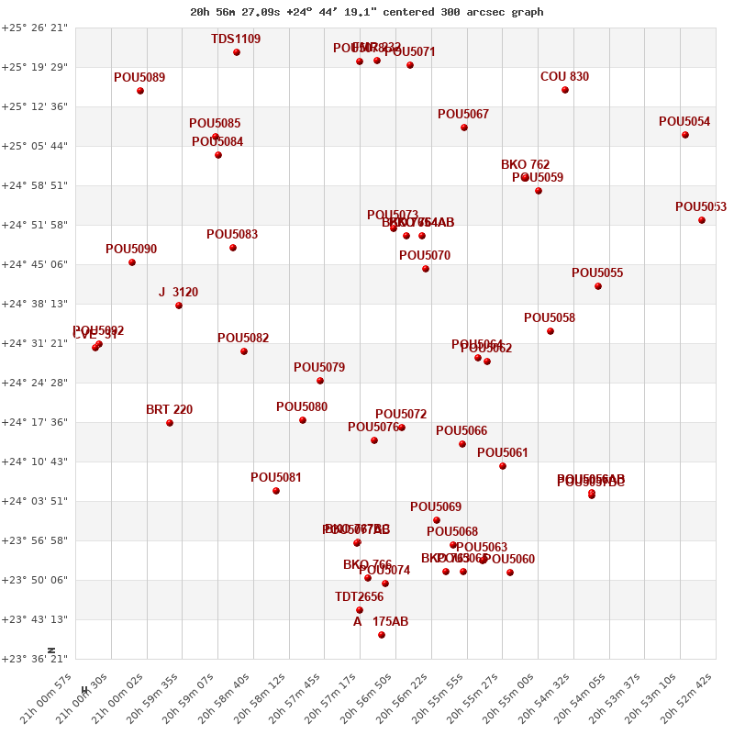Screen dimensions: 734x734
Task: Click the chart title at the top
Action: [366, 12]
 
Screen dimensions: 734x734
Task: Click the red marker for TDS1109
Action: [237, 52]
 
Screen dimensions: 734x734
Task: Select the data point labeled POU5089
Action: [140, 91]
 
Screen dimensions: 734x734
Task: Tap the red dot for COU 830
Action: [565, 90]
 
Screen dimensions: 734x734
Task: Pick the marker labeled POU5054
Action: [685, 135]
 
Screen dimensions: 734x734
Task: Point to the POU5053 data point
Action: [702, 220]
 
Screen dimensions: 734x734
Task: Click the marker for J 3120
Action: [179, 306]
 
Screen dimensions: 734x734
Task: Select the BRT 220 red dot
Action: [170, 423]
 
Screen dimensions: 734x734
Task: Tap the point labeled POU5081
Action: [276, 491]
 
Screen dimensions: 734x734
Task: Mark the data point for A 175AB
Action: [382, 635]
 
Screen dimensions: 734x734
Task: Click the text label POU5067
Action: [463, 115]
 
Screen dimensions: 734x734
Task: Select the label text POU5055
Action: [597, 273]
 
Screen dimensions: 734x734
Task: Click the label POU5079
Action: [319, 368]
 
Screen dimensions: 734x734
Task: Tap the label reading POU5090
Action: [131, 250]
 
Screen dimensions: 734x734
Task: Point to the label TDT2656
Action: [359, 597]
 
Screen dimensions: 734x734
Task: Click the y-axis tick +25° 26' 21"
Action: [35, 28]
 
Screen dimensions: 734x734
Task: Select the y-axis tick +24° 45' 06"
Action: [35, 265]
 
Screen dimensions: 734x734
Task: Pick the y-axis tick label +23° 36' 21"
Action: [35, 659]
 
